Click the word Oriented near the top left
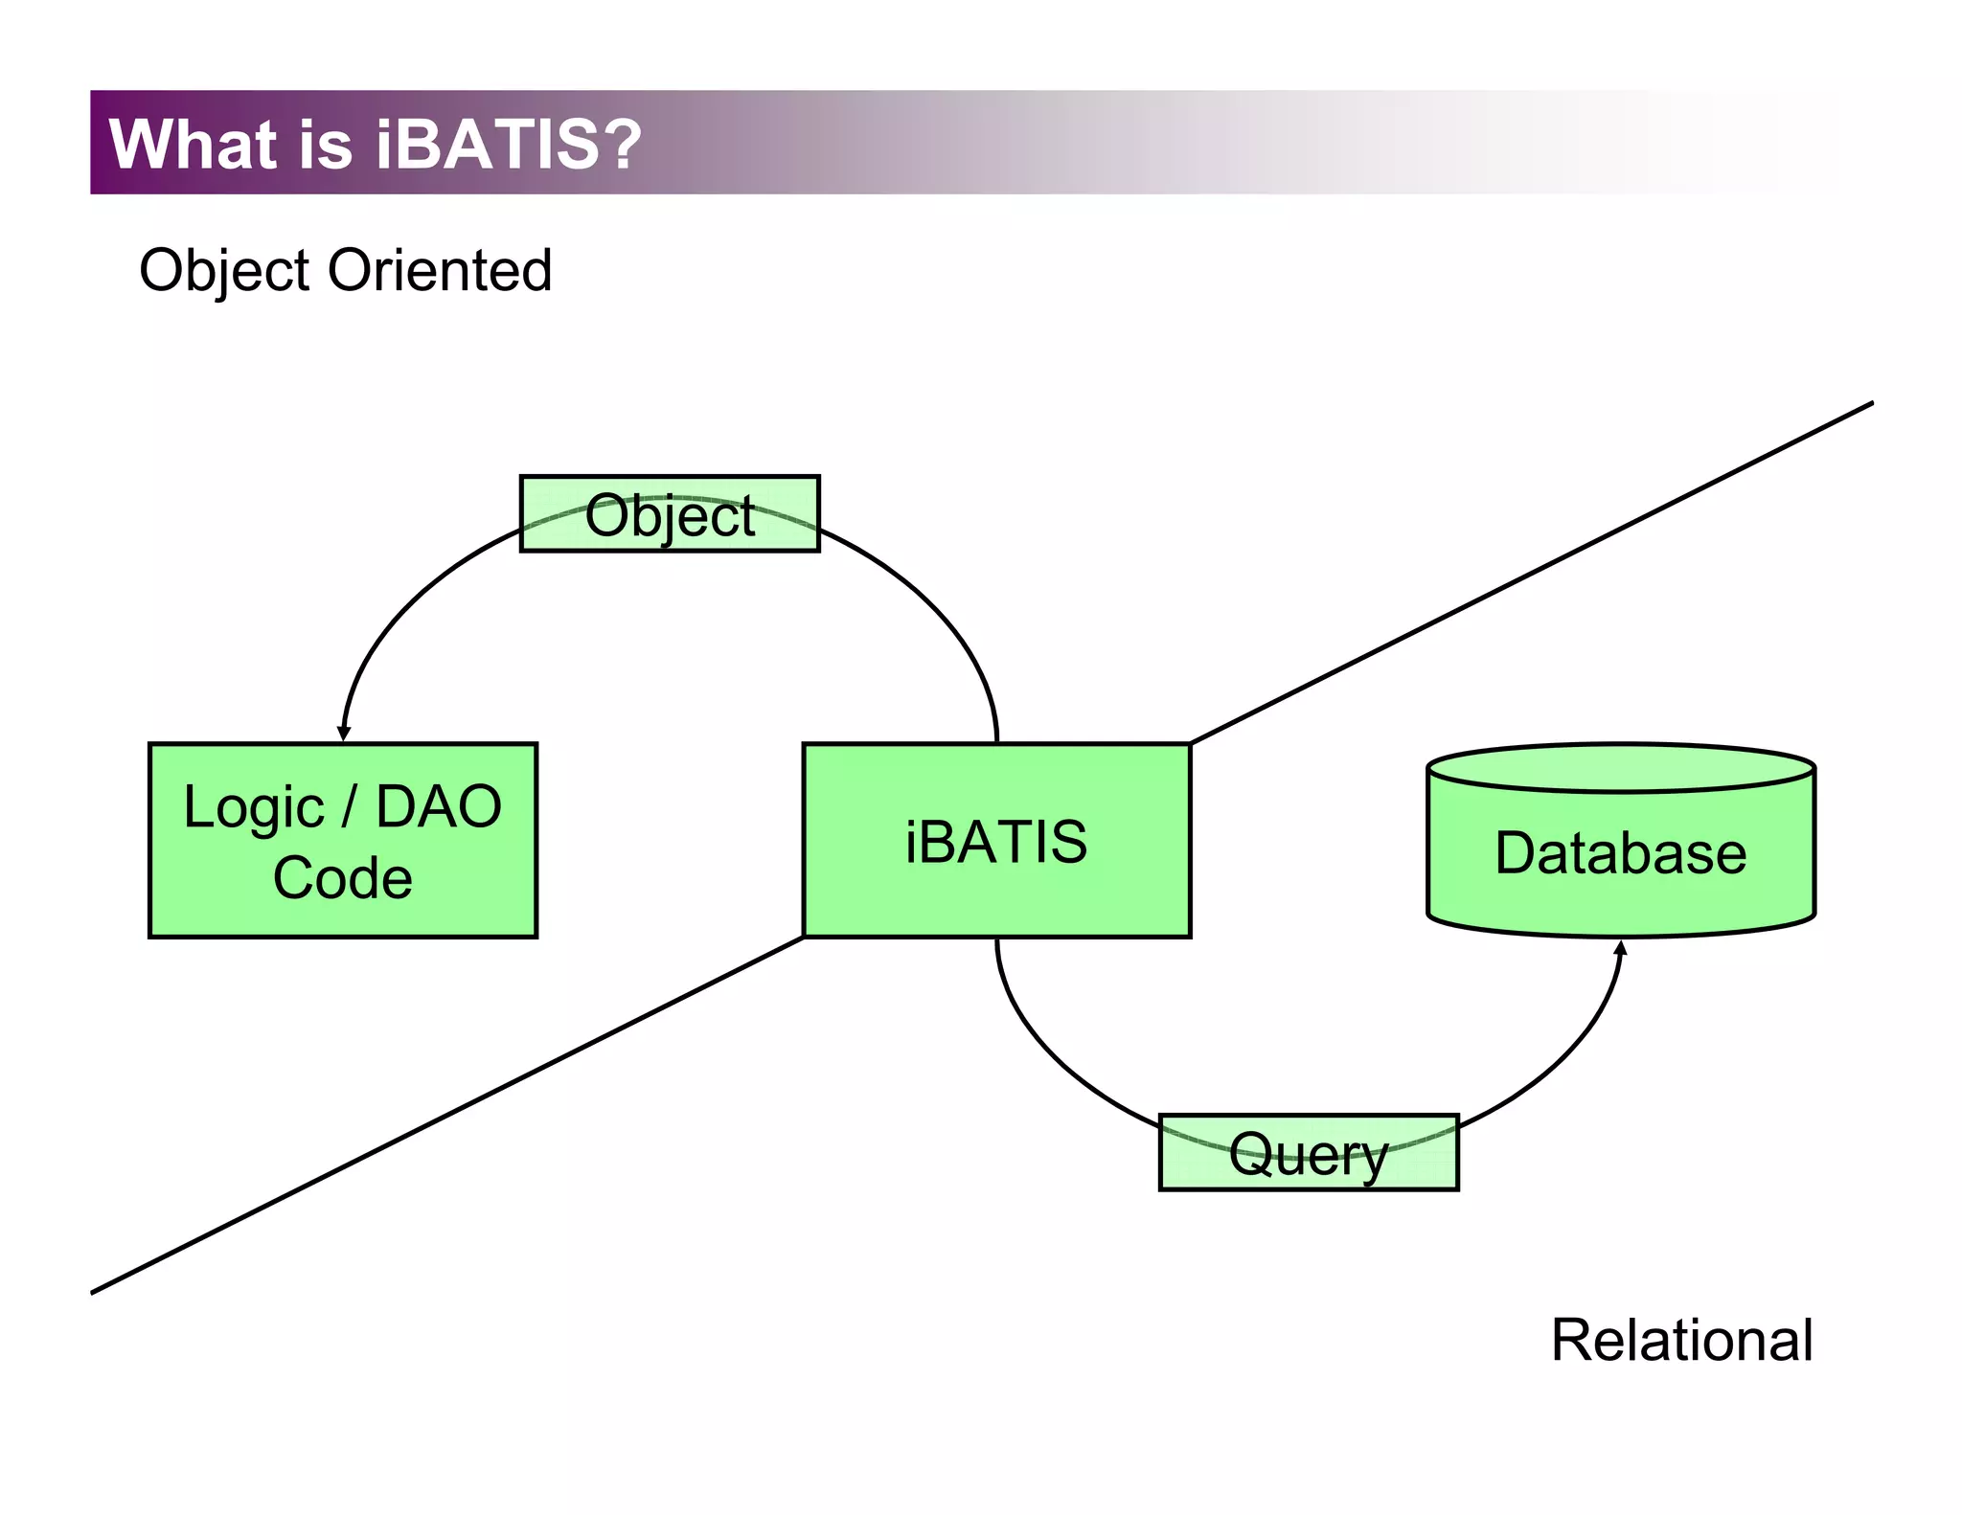coord(440,270)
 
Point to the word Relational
coord(1681,1340)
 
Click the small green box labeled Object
coord(669,514)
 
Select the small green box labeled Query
coord(1308,1153)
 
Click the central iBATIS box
coord(996,841)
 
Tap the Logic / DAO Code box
coord(343,841)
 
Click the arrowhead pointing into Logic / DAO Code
coord(344,734)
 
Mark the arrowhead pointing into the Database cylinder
coord(1620,948)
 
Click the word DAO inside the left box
coord(439,806)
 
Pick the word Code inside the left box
coord(343,878)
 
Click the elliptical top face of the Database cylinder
coord(1621,768)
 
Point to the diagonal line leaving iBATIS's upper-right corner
coord(1533,573)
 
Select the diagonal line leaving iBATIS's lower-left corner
coord(445,1116)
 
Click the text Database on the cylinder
coord(1621,853)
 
